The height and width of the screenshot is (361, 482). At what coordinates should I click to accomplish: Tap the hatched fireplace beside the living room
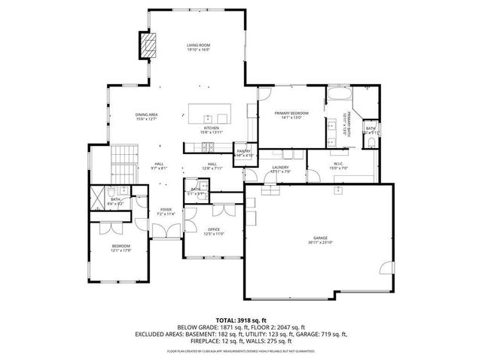pos(146,46)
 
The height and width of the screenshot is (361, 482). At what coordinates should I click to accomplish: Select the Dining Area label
pos(145,114)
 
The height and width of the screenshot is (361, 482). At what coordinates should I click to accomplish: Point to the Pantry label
pos(243,151)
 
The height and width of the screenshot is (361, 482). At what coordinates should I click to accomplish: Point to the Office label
pos(214,229)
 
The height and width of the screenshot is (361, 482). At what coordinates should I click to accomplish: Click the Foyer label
pos(165,210)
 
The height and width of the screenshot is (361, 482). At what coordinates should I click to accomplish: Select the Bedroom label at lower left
pos(121,245)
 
